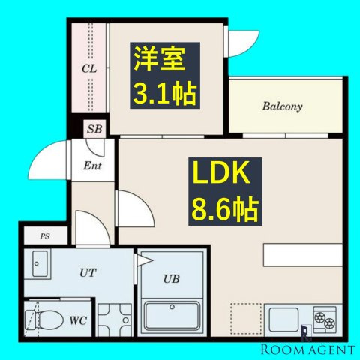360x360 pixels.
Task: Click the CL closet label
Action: click(x=89, y=68)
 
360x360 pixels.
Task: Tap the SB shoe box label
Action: click(x=94, y=129)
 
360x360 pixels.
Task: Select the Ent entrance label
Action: click(x=92, y=166)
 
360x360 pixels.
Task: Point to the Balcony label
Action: click(x=282, y=106)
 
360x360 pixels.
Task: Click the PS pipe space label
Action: click(x=45, y=236)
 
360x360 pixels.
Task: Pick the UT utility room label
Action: click(x=88, y=272)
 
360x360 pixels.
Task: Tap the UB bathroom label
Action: click(x=172, y=278)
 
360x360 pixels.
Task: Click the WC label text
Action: click(x=78, y=320)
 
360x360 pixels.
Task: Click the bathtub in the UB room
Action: click(x=172, y=316)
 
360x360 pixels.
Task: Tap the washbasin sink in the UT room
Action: click(x=40, y=264)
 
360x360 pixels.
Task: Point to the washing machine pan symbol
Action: click(x=115, y=320)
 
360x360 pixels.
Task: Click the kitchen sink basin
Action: click(x=283, y=320)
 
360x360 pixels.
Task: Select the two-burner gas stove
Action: click(x=325, y=320)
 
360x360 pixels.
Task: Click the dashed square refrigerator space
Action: click(x=246, y=319)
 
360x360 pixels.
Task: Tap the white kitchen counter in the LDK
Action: click(x=303, y=255)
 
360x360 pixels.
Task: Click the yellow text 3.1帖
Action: click(x=165, y=94)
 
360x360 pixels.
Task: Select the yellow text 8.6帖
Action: click(x=225, y=209)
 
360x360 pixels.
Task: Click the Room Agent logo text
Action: click(x=307, y=349)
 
